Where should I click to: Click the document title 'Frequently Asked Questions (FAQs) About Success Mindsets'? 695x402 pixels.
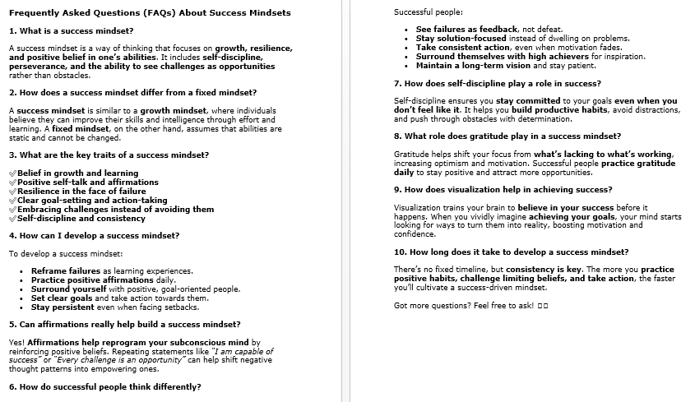pyautogui.click(x=150, y=13)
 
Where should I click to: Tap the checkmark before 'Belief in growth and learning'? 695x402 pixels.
pyautogui.click(x=12, y=173)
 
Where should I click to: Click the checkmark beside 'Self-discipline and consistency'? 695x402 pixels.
pyautogui.click(x=12, y=218)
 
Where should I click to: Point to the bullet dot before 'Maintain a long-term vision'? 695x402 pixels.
pyautogui.click(x=406, y=66)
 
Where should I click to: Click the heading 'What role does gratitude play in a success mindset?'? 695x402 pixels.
pyautogui.click(x=507, y=136)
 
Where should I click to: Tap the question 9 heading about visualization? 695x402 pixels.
pyautogui.click(x=503, y=189)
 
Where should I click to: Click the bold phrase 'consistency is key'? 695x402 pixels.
pyautogui.click(x=544, y=270)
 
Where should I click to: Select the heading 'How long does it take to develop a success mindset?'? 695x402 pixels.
pyautogui.click(x=511, y=252)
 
